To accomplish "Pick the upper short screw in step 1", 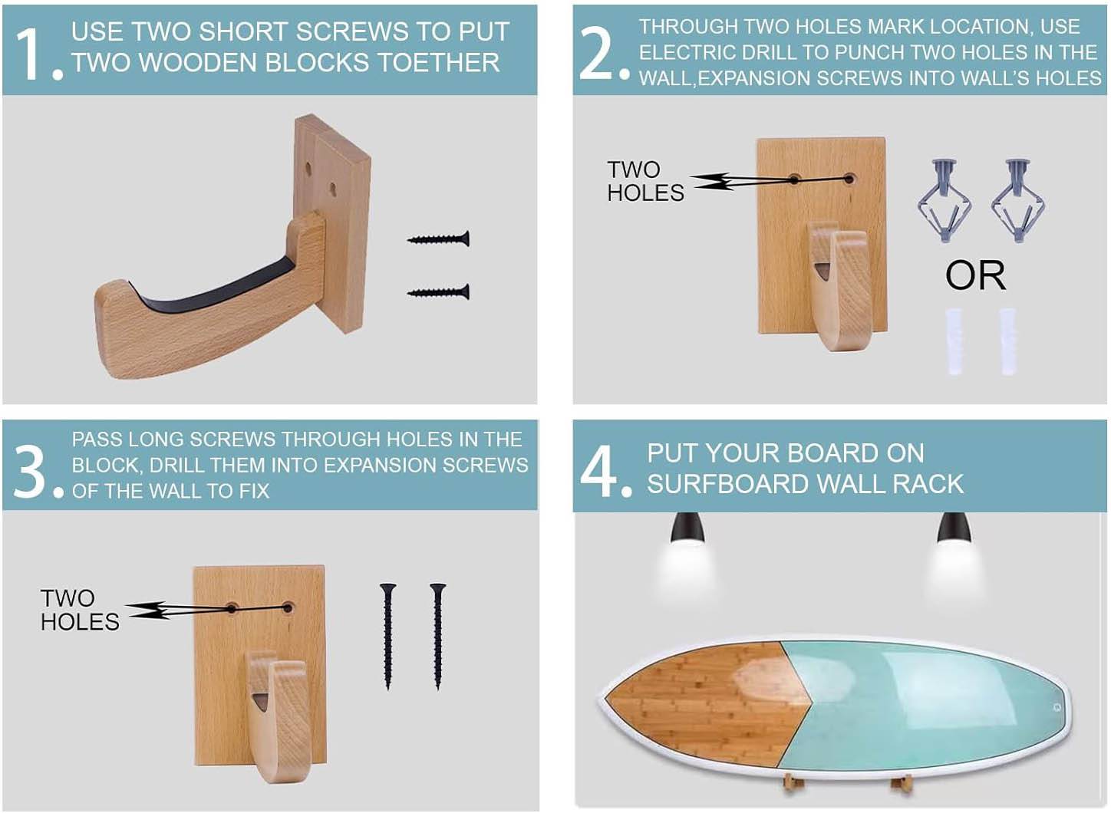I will pyautogui.click(x=438, y=239).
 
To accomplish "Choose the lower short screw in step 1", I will pyautogui.click(x=438, y=292).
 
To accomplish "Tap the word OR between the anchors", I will pyautogui.click(x=974, y=275).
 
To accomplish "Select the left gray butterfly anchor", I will pyautogui.click(x=945, y=200).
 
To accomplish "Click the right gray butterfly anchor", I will pyautogui.click(x=1017, y=200).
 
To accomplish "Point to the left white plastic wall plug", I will pyautogui.click(x=954, y=341).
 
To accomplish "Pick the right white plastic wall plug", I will pyautogui.click(x=1008, y=341).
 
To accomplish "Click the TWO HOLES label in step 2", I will pyautogui.click(x=645, y=181).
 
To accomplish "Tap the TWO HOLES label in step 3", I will pyautogui.click(x=79, y=610).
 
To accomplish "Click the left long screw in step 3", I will pyautogui.click(x=387, y=635).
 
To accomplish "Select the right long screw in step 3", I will pyautogui.click(x=437, y=635).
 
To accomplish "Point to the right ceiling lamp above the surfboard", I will pyautogui.click(x=952, y=528).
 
